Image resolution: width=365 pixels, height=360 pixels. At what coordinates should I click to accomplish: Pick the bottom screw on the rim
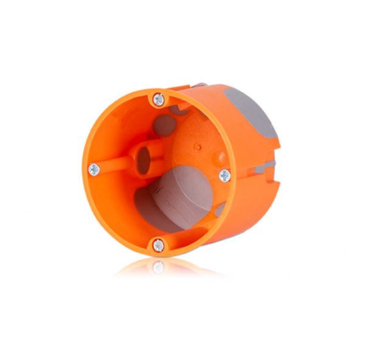(x=158, y=245)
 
